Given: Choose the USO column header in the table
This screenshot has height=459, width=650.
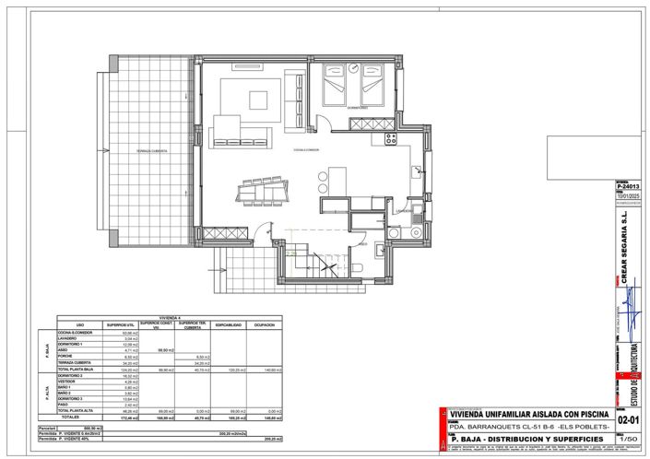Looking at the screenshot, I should click(x=81, y=324).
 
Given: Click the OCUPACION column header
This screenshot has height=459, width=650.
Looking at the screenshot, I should click(x=266, y=324).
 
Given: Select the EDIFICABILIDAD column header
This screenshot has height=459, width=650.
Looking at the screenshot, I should click(x=229, y=324).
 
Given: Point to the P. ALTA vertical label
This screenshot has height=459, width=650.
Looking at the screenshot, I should click(x=45, y=391).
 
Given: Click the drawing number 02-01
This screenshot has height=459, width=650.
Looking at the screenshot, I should click(x=629, y=419).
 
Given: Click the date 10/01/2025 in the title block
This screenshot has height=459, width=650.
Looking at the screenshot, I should click(x=627, y=194).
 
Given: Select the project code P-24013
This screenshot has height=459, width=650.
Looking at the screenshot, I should click(x=627, y=186).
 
